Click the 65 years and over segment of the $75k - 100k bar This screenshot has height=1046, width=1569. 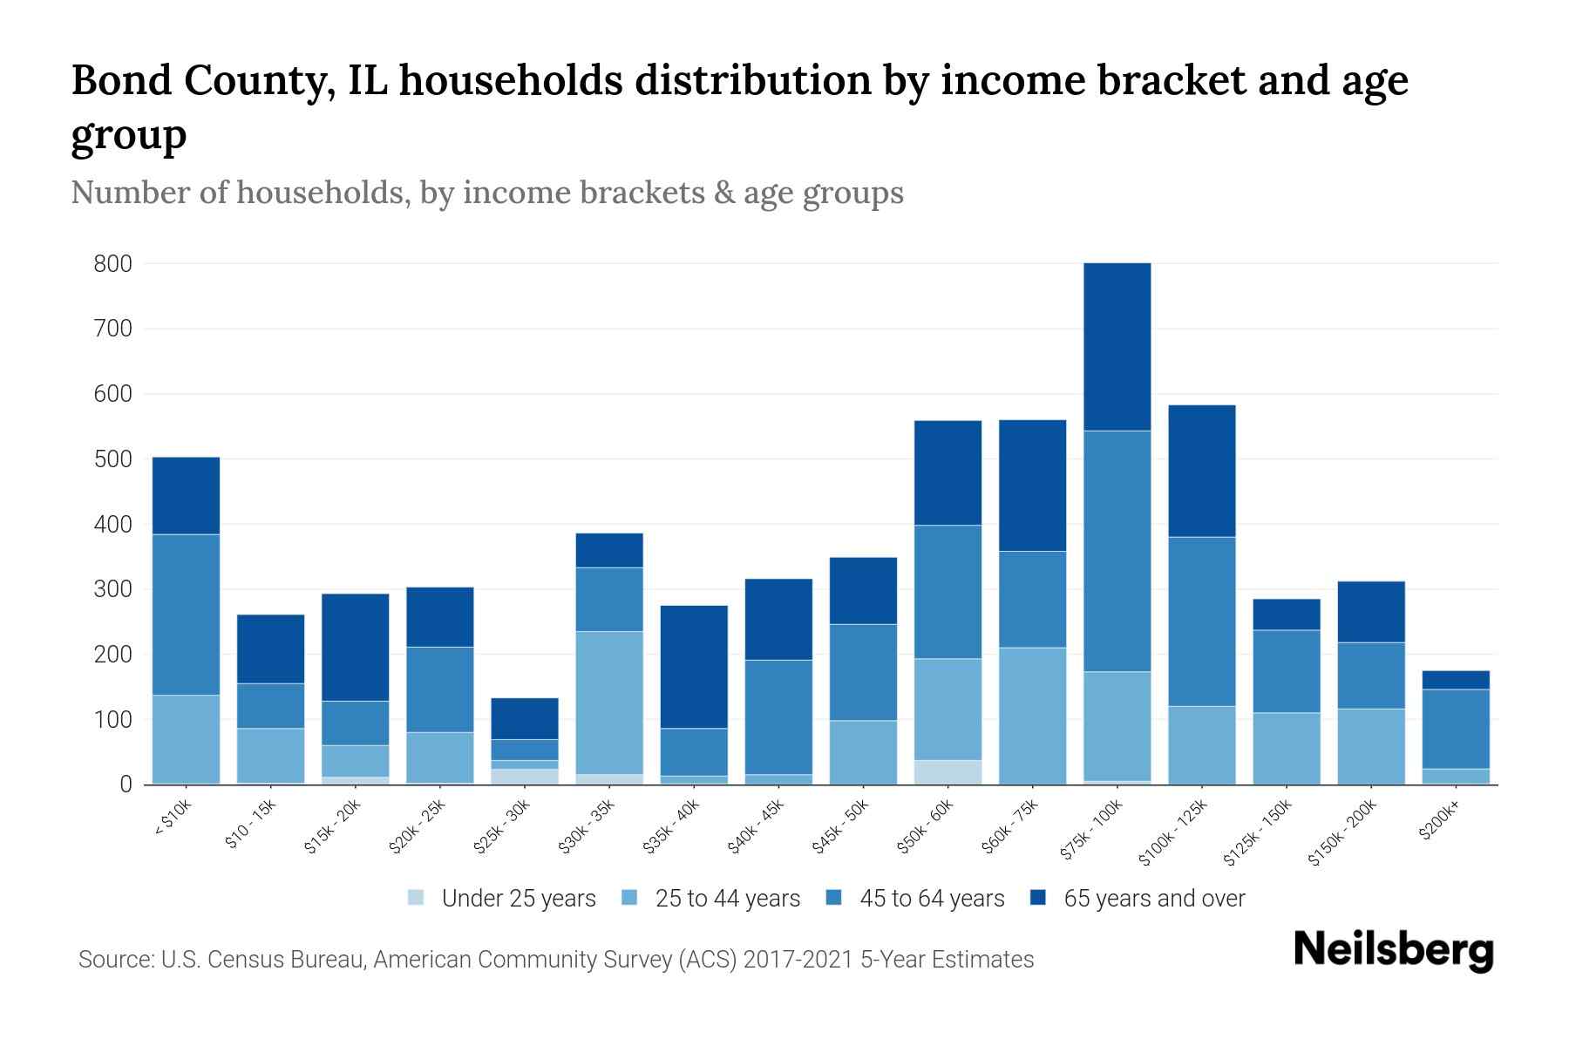pyautogui.click(x=1117, y=347)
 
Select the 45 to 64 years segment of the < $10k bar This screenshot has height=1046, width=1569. pyautogui.click(x=186, y=615)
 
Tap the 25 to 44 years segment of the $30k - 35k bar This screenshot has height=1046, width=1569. pyautogui.click(x=609, y=703)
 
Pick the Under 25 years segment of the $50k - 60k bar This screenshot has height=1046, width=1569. pyautogui.click(x=948, y=772)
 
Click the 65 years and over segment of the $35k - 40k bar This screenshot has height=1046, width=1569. pyautogui.click(x=694, y=667)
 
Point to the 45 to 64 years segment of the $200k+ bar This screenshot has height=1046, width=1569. pyautogui.click(x=1456, y=729)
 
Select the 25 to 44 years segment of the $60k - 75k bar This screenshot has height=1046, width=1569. pyautogui.click(x=1032, y=716)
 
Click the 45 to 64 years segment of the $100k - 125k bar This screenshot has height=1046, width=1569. pyautogui.click(x=1201, y=621)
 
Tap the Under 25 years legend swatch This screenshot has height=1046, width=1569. pyautogui.click(x=416, y=898)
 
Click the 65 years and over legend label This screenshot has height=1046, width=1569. pyautogui.click(x=1154, y=899)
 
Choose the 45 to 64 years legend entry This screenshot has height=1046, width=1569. pyautogui.click(x=932, y=899)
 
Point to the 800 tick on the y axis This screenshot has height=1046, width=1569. pyautogui.click(x=112, y=263)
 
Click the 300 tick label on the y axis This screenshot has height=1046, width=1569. pyautogui.click(x=112, y=589)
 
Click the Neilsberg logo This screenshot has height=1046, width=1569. pyautogui.click(x=1394, y=950)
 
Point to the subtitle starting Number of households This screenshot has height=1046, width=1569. pyautogui.click(x=486, y=193)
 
